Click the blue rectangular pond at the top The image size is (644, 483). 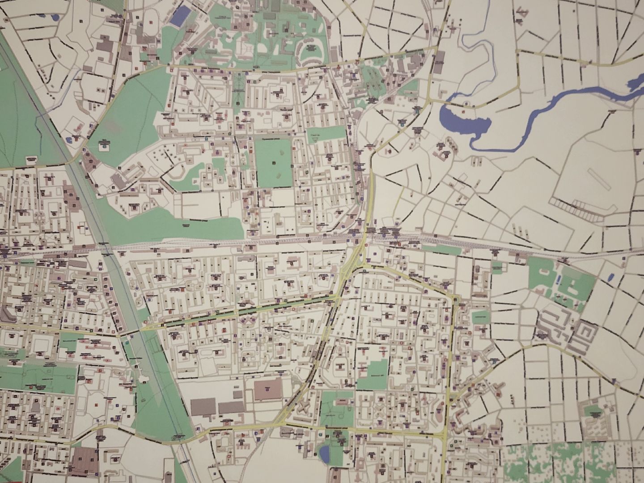coord(179,16)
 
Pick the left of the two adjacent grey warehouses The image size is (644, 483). coord(203,407)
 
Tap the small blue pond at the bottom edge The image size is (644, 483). coord(324,453)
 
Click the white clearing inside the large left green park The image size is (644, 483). coord(104,145)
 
